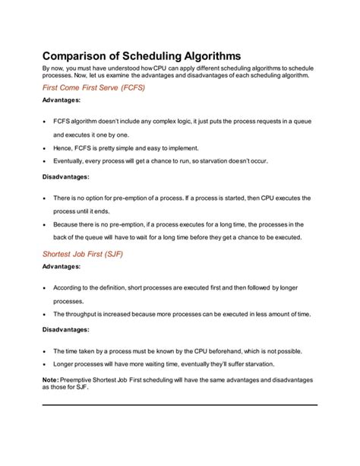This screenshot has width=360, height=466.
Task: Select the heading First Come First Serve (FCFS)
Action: click(x=93, y=88)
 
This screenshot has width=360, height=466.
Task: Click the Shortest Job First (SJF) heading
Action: click(x=81, y=254)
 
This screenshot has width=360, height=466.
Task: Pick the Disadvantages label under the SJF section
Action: click(x=65, y=329)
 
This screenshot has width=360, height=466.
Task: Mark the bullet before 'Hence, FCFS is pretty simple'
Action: click(x=45, y=148)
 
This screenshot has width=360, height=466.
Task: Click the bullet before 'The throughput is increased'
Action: click(x=45, y=315)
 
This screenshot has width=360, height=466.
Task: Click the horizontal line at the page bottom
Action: click(x=179, y=405)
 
